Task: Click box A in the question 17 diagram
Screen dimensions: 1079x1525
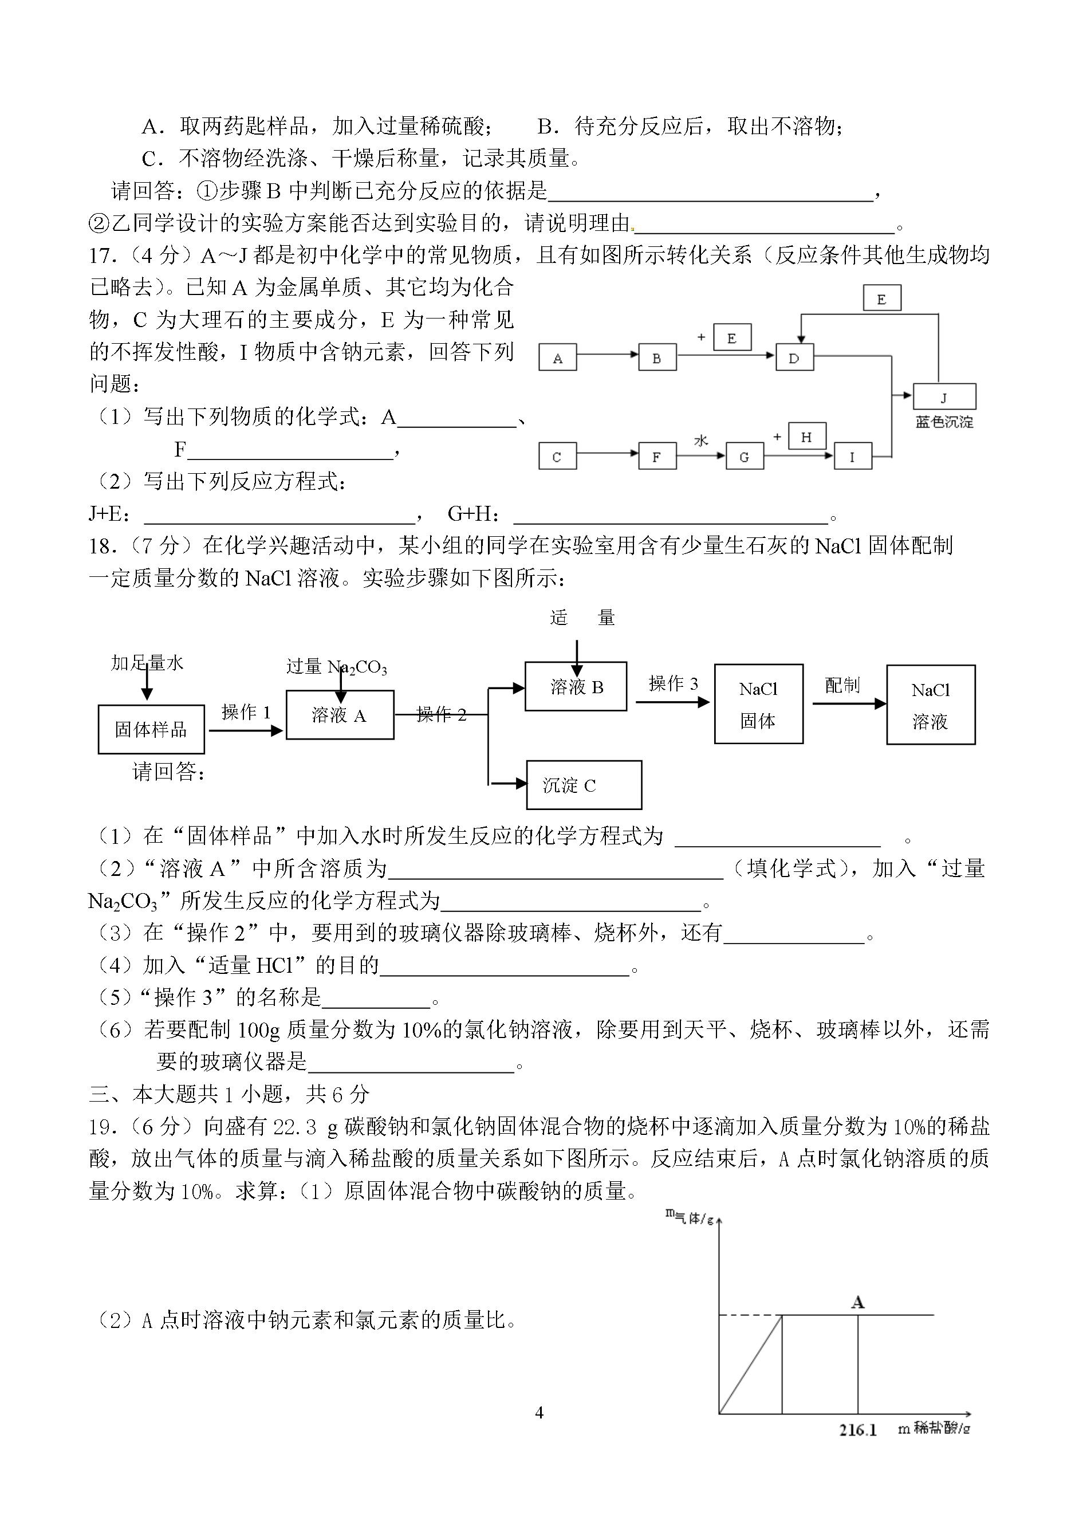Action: click(x=557, y=357)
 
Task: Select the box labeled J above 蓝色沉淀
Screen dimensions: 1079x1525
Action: click(x=944, y=396)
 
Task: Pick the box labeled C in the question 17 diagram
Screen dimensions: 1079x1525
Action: click(x=557, y=456)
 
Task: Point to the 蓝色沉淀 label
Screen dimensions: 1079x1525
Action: click(x=944, y=422)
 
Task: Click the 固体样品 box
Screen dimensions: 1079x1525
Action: click(x=152, y=729)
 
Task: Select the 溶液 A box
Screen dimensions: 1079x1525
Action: click(x=340, y=714)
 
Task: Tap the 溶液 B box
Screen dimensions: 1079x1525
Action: click(x=576, y=686)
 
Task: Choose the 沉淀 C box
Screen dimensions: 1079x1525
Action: click(x=584, y=785)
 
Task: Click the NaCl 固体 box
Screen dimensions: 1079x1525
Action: click(x=759, y=703)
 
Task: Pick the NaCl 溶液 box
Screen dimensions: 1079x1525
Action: click(x=931, y=705)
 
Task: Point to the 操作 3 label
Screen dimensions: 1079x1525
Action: click(x=673, y=683)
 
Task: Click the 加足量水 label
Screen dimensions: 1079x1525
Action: click(x=147, y=662)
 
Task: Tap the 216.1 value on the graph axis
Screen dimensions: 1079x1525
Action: click(x=858, y=1430)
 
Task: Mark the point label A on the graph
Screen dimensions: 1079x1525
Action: click(x=858, y=1302)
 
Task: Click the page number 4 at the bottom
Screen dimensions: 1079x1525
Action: click(x=539, y=1412)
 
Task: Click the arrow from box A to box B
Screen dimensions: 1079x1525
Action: click(x=607, y=355)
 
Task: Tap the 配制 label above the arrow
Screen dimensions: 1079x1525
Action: click(x=842, y=685)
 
